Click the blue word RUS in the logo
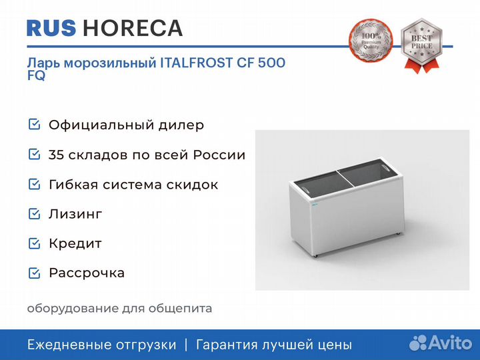(51, 28)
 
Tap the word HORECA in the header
(133, 28)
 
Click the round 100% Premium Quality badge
(371, 41)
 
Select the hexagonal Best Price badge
(421, 45)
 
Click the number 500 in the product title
(271, 63)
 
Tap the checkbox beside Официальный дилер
(34, 124)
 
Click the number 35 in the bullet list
(56, 155)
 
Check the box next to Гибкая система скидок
(34, 184)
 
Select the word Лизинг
(75, 214)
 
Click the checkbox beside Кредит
(34, 243)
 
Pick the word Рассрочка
(87, 273)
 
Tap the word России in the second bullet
(219, 155)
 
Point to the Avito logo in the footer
(441, 343)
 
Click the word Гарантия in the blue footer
(227, 345)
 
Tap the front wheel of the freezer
(315, 255)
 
